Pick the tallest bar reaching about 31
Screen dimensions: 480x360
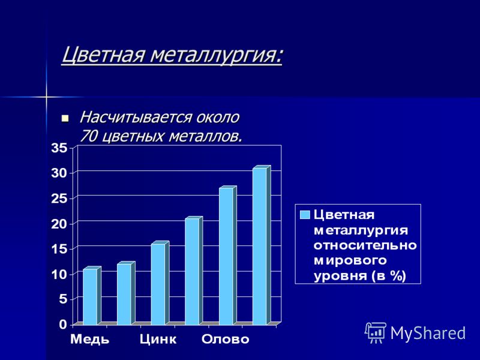coord(262,245)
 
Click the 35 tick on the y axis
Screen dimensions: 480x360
coord(59,148)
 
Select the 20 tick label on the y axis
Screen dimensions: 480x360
coord(59,224)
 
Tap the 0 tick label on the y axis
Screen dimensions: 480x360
coord(63,325)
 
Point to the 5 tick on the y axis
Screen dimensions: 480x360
coord(63,299)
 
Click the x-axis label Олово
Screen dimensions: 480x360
coord(226,339)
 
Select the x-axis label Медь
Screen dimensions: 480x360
coord(89,340)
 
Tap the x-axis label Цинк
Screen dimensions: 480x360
coord(158,340)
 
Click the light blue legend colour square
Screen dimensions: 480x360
coord(305,215)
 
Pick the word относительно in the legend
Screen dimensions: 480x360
coord(365,245)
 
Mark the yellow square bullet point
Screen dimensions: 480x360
coord(65,118)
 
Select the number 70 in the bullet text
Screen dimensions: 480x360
coord(88,137)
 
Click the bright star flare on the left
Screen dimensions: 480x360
coord(46,97)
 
